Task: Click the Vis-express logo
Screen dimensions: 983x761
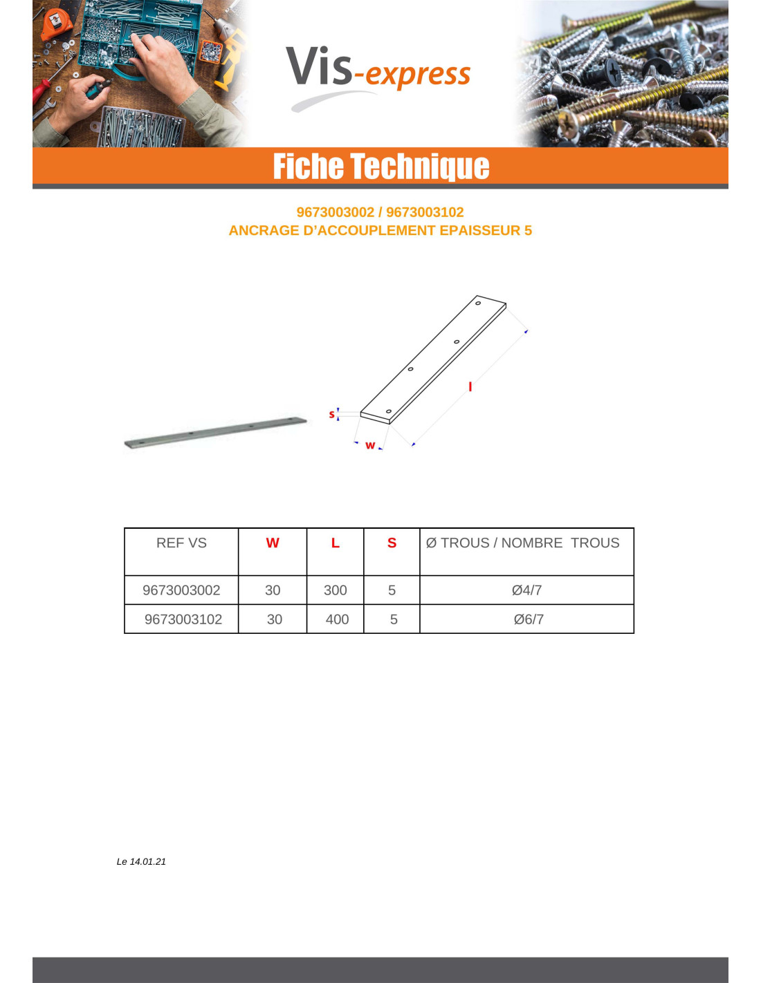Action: pos(378,73)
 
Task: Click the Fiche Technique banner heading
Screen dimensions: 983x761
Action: pos(380,167)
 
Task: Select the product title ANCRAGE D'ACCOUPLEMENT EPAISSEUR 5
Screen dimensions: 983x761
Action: pos(380,231)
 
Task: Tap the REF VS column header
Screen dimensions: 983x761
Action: pos(181,543)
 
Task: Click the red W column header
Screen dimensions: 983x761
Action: pos(273,543)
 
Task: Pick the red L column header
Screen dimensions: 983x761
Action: pos(336,543)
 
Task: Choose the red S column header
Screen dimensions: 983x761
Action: pos(392,543)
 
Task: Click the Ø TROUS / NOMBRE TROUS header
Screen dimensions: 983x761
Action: pos(523,543)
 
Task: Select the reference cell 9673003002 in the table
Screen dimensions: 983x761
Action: pos(181,590)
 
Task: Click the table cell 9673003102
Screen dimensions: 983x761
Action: pos(183,619)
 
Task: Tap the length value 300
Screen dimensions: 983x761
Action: pos(336,590)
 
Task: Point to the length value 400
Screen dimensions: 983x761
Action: pos(337,619)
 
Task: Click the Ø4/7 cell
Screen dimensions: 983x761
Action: pos(526,590)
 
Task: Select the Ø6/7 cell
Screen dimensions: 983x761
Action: pos(529,619)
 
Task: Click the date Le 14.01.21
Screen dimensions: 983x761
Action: pos(141,861)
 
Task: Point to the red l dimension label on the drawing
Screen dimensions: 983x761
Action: pos(470,386)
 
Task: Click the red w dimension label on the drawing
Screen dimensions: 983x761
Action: pos(370,445)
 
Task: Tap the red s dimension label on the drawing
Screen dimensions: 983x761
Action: pos(331,414)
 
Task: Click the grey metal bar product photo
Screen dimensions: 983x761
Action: pos(215,432)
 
